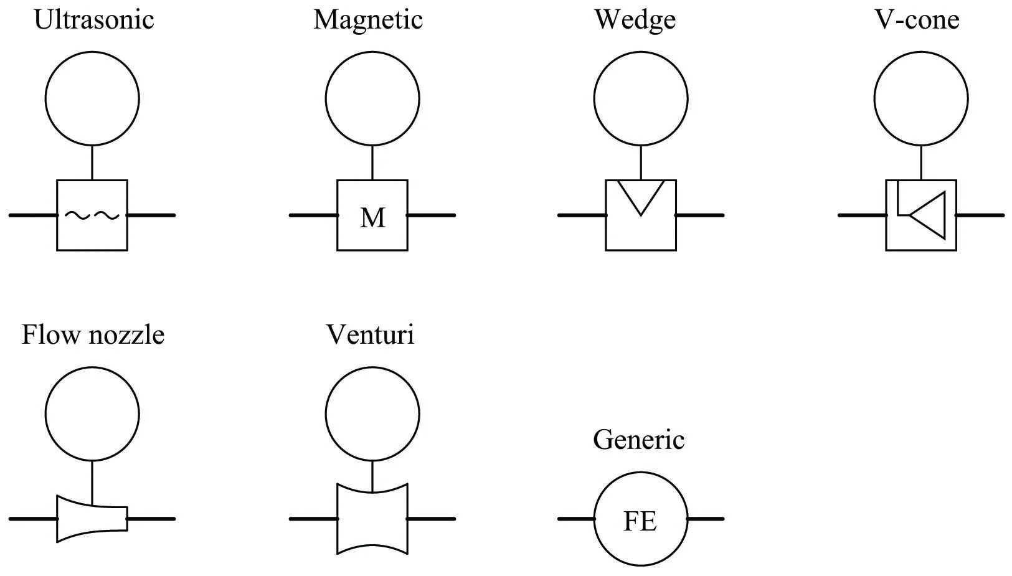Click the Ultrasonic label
(93, 19)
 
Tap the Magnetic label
(368, 19)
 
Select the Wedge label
(635, 19)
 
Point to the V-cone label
(917, 19)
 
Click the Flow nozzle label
(93, 335)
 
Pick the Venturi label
(370, 335)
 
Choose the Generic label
(638, 440)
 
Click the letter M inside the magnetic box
(372, 218)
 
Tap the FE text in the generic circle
(640, 521)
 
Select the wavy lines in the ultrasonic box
(92, 215)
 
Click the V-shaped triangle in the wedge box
(641, 196)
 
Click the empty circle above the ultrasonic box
(92, 98)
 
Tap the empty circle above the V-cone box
(921, 98)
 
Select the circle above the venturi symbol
(372, 414)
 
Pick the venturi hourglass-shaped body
(372, 519)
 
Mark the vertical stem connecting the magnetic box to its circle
(372, 163)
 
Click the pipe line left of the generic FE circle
(576, 518)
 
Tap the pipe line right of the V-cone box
(980, 215)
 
